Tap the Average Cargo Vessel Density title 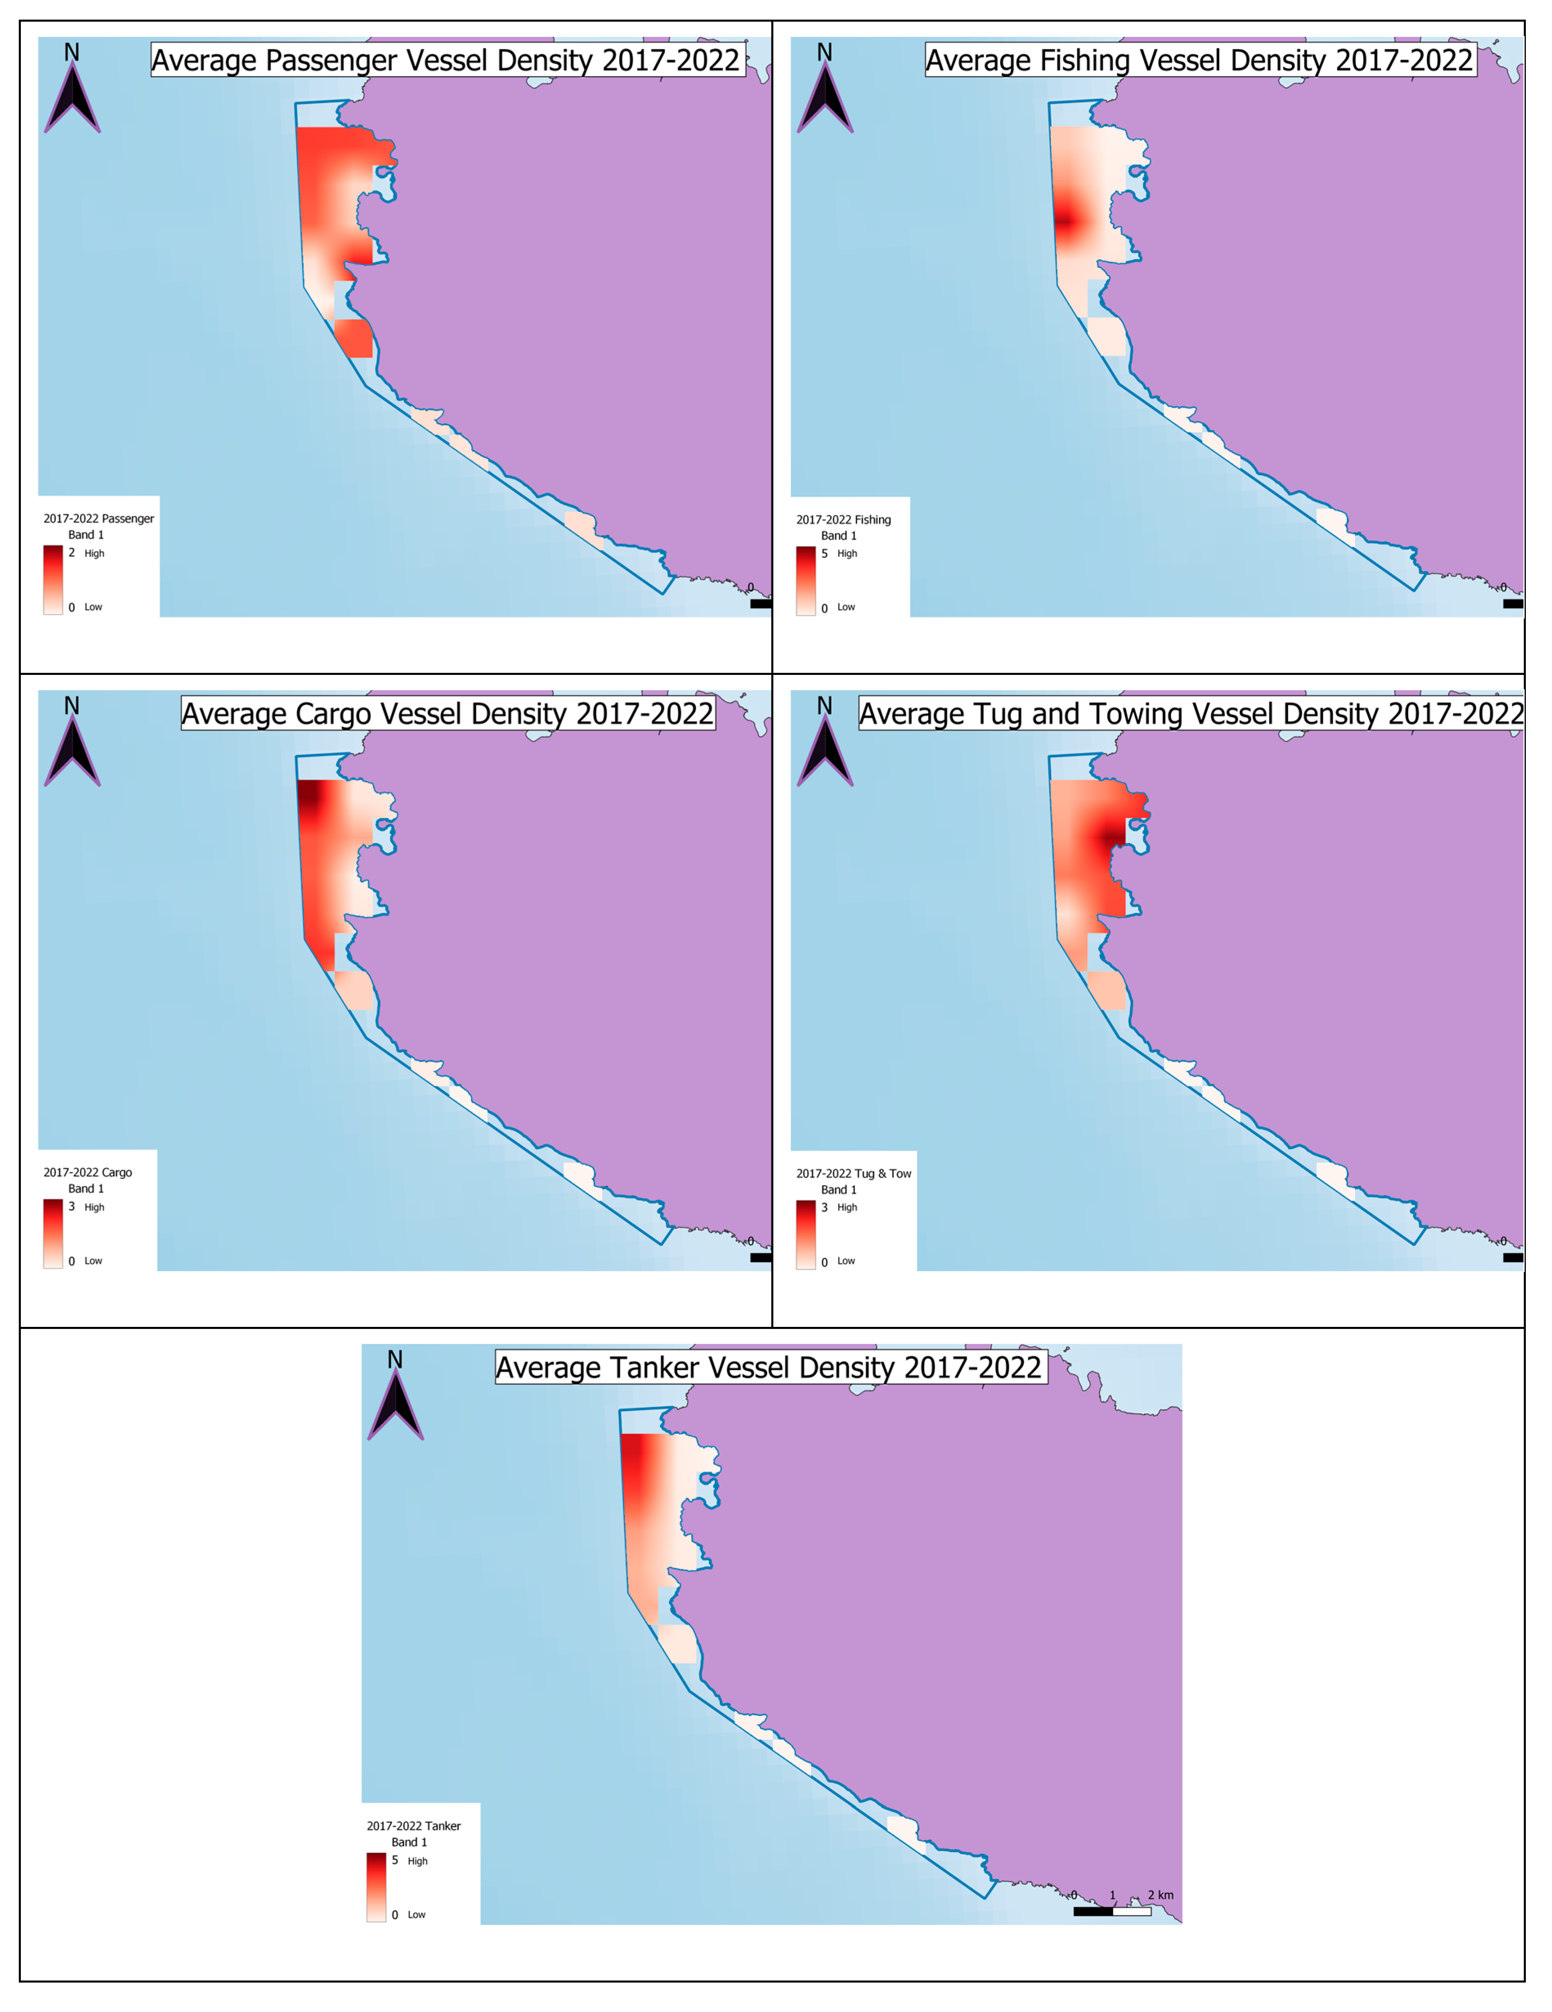[448, 714]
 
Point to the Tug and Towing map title [1190, 714]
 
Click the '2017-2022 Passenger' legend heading [99, 519]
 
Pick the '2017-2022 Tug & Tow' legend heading [853, 1174]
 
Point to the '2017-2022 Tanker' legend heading [414, 1826]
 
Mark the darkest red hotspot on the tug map [1112, 836]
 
